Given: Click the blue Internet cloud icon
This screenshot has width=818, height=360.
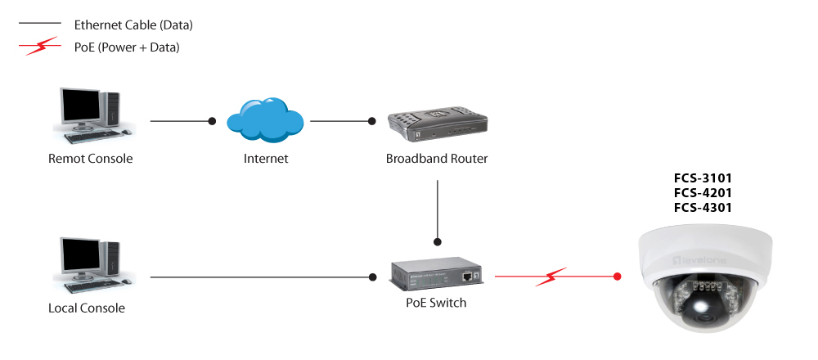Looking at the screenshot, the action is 265,120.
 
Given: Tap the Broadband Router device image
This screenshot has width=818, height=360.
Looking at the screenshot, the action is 437,124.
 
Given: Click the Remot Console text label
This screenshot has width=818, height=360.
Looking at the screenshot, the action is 90,158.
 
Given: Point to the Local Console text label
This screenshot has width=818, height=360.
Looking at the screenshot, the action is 87,308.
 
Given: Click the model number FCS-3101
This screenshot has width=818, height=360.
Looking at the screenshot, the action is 703,178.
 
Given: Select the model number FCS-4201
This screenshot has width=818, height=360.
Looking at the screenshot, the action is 703,193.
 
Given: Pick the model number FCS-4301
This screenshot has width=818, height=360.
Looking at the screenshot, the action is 703,208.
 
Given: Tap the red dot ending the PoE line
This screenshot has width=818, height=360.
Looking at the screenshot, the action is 617,277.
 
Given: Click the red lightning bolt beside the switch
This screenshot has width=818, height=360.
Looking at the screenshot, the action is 551,277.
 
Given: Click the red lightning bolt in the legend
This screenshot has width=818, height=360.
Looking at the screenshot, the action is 39,47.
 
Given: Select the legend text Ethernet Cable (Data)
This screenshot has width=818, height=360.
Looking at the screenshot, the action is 133,25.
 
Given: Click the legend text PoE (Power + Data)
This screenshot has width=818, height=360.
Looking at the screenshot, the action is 127,47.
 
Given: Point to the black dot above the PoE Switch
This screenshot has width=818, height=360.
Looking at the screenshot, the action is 438,241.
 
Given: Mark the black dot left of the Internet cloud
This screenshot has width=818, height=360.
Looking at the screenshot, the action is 212,121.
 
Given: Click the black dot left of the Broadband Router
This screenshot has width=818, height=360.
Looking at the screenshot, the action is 372,121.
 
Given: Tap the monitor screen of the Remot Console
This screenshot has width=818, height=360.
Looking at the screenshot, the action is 80,108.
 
